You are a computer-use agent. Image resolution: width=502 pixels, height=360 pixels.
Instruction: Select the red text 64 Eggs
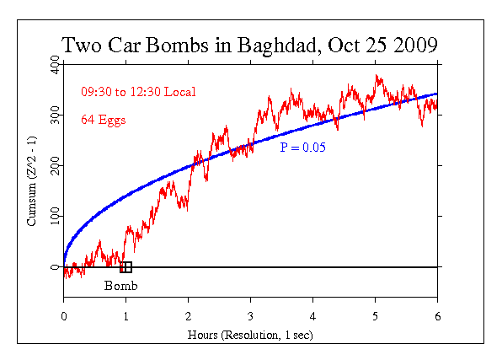[x=103, y=120]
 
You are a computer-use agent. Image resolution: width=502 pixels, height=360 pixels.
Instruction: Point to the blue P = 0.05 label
[x=302, y=147]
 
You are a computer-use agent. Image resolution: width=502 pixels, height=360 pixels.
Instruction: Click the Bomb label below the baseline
[x=120, y=285]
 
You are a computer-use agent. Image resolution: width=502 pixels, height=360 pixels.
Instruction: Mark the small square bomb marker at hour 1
[x=125, y=267]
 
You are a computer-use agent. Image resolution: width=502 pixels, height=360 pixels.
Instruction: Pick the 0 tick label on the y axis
[x=56, y=267]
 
